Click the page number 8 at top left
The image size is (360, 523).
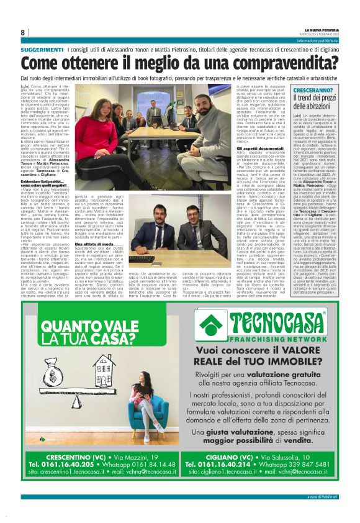[23, 32]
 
